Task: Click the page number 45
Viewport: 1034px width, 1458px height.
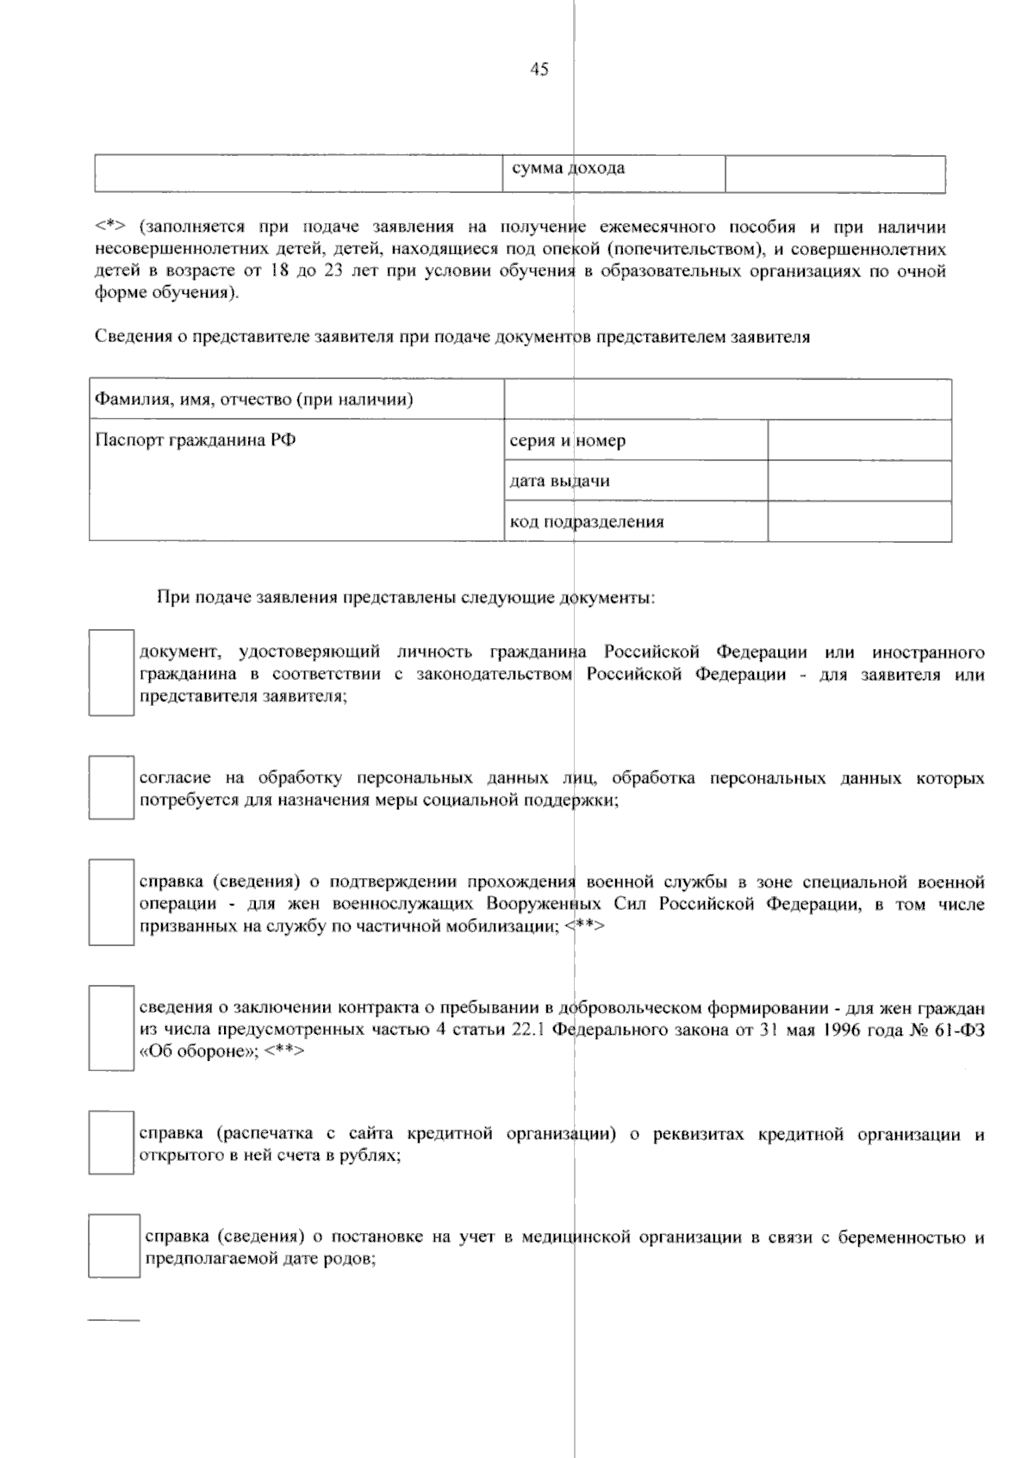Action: coord(539,70)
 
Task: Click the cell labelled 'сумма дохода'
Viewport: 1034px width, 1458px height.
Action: coord(569,169)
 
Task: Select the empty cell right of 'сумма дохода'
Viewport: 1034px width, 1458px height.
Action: coord(834,174)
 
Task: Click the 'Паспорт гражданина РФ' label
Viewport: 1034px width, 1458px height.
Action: coord(196,440)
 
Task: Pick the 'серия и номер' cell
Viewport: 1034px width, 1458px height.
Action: coord(568,441)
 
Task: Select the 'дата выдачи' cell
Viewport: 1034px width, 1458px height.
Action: coord(560,481)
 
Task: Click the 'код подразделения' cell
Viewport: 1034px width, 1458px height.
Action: coord(587,521)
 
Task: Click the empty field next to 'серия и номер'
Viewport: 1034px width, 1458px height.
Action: coord(859,440)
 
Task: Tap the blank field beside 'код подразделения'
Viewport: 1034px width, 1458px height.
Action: coord(859,521)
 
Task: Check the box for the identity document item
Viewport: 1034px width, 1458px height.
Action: coord(111,673)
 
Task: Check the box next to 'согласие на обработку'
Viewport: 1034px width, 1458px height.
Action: coord(111,788)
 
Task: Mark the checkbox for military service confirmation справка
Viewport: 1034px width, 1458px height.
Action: coord(111,902)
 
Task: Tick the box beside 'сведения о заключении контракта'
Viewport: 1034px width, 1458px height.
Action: coord(111,1028)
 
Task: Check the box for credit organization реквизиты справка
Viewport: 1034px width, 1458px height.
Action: coord(111,1143)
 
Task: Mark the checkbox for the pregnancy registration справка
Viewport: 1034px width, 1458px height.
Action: coord(114,1246)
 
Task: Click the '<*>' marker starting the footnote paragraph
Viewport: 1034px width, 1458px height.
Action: coord(110,228)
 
